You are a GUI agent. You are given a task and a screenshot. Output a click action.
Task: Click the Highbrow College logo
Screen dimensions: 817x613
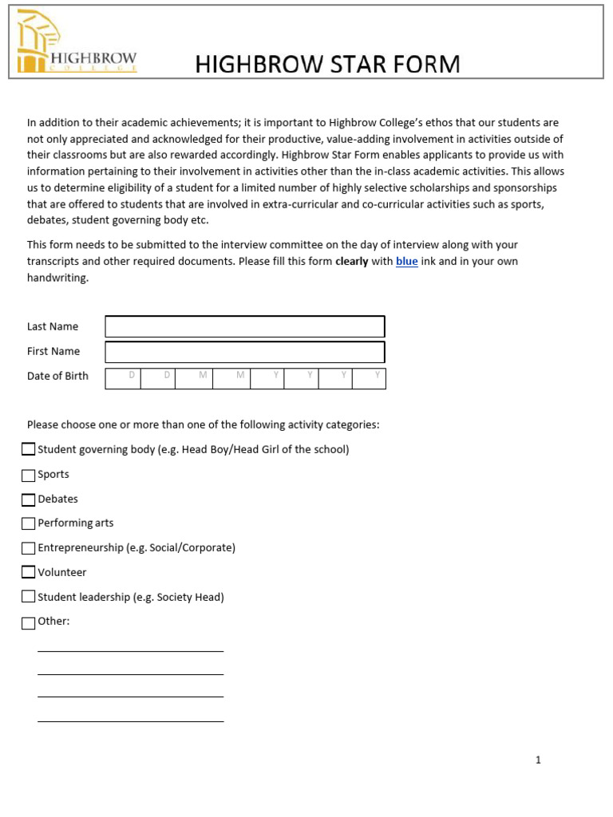[77, 42]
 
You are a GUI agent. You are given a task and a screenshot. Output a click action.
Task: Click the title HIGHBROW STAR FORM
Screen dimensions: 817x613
[327, 64]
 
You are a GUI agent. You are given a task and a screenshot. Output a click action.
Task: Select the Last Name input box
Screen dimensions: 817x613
[245, 326]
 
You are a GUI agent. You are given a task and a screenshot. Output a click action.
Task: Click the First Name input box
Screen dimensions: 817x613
[245, 352]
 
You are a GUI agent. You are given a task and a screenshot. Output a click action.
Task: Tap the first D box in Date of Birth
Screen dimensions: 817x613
[124, 378]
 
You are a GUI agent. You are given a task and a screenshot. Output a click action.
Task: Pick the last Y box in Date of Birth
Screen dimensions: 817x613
[369, 378]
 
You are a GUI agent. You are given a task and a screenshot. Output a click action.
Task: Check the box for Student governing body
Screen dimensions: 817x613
[29, 449]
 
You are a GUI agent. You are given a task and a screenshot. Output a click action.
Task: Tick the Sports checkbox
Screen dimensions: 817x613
[29, 475]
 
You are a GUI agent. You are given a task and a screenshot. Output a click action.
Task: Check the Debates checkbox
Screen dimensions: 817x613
[29, 499]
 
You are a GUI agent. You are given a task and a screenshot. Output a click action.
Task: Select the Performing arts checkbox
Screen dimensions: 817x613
[29, 523]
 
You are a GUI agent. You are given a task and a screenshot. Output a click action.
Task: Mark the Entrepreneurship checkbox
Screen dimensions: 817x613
[29, 548]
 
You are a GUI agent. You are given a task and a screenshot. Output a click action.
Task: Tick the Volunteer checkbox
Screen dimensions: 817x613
[29, 572]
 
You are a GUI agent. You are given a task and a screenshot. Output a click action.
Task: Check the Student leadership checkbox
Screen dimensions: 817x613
[29, 597]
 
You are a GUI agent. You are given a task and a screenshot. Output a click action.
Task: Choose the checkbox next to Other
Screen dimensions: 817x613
[29, 622]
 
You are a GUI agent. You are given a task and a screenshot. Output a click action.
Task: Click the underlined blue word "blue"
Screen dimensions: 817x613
[406, 262]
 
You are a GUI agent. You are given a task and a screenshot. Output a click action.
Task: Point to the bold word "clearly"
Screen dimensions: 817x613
[351, 262]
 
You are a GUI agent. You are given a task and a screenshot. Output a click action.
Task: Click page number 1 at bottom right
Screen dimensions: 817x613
[538, 760]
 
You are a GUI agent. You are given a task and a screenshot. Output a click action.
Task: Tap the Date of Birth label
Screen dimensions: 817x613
[57, 377]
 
